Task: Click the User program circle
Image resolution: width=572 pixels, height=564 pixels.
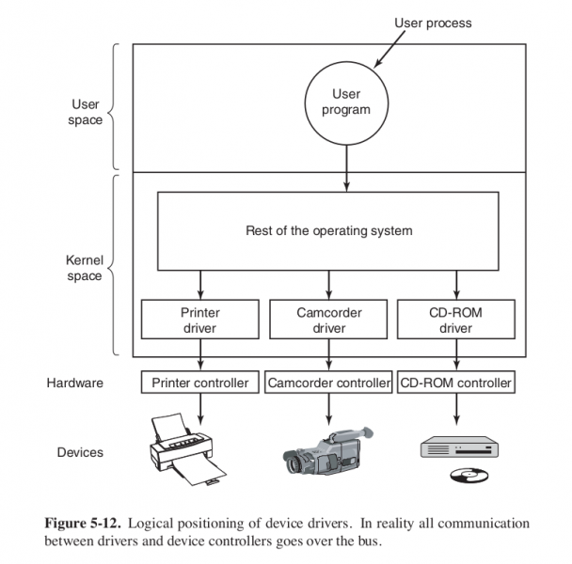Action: (x=346, y=102)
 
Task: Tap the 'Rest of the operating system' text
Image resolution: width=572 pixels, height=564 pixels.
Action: (x=327, y=230)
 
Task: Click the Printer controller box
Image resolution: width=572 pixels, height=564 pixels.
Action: (x=199, y=384)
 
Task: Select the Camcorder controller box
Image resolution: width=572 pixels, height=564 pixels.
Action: (x=328, y=384)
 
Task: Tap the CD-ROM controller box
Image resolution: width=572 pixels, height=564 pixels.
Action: (x=456, y=384)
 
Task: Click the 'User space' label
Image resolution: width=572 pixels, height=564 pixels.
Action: (x=87, y=112)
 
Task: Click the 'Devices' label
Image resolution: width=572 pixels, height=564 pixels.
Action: (x=80, y=452)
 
